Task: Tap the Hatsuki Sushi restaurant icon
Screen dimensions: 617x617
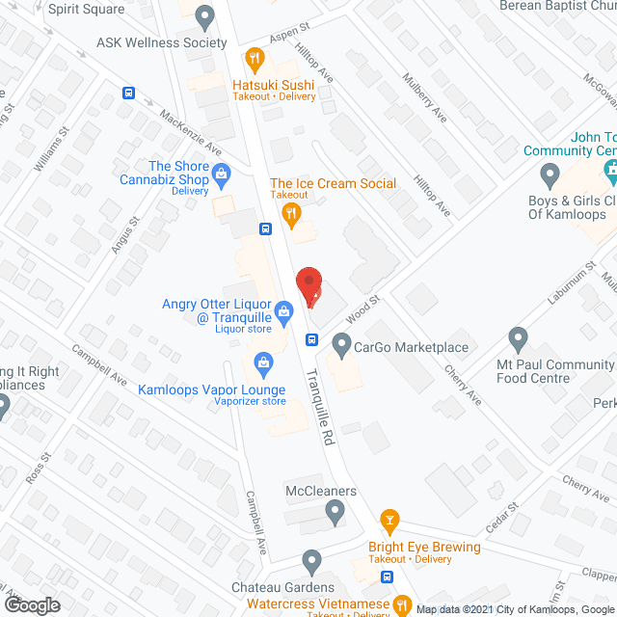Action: tap(255, 59)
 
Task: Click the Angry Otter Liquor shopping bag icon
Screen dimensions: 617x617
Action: tap(284, 311)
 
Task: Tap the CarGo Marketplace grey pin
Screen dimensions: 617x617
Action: tap(341, 343)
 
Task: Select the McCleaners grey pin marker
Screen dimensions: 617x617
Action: tap(335, 516)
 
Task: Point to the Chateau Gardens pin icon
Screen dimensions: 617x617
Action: tap(310, 561)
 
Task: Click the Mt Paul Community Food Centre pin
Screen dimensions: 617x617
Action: tap(519, 340)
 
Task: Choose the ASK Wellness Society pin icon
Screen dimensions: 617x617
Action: tap(203, 17)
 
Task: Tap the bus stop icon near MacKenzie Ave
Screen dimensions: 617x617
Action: tap(128, 94)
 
